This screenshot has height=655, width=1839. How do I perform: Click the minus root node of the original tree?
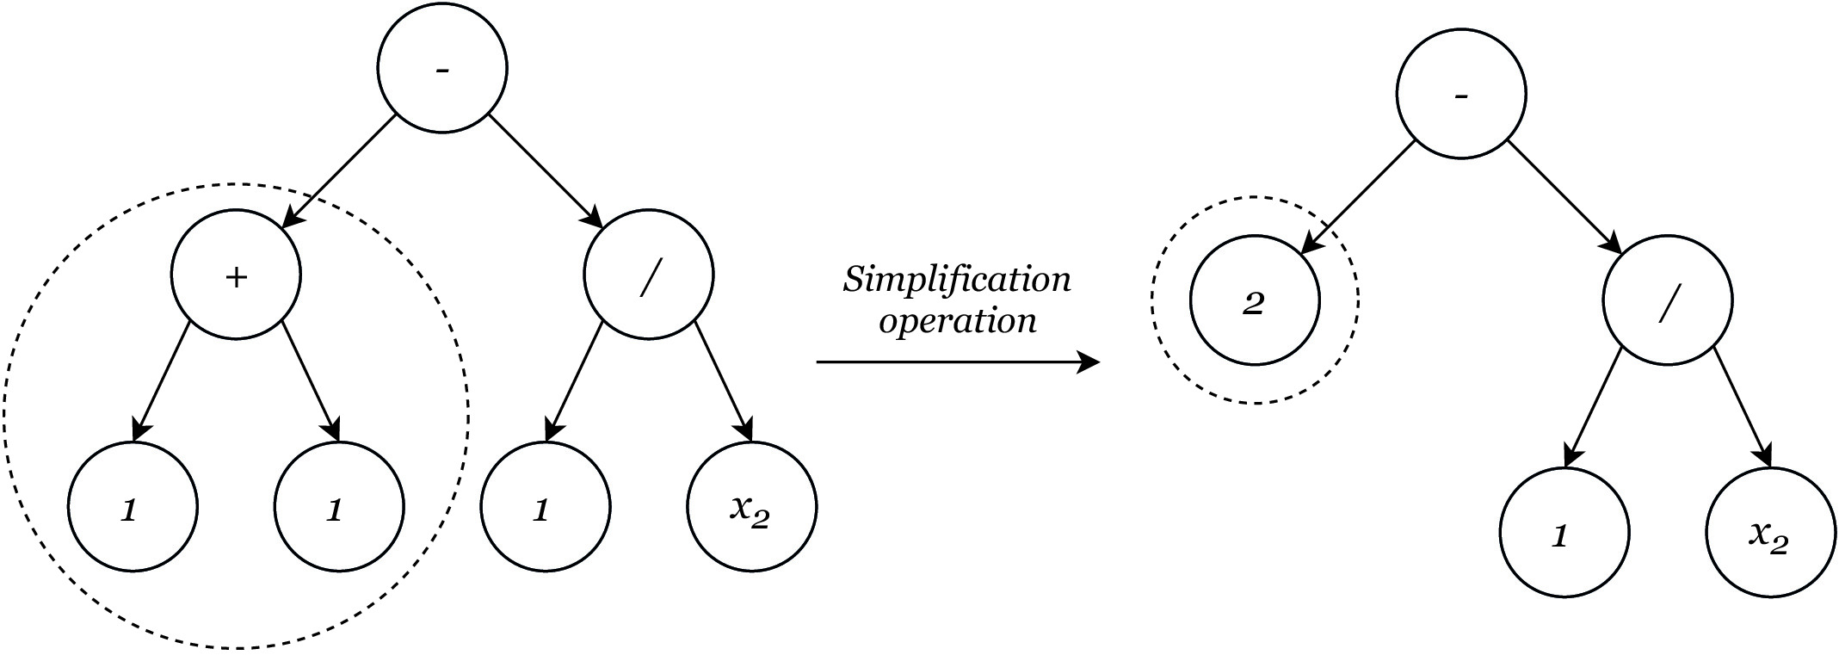coord(443,69)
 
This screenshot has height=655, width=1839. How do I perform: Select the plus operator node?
coord(237,275)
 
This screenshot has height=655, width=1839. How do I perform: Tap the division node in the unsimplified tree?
coord(649,275)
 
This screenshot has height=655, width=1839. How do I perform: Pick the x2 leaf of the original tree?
coord(752,507)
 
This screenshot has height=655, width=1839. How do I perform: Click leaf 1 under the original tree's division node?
coord(546,507)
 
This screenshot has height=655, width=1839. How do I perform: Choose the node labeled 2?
coord(1255,300)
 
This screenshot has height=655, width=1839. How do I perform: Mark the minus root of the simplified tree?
coord(1461,94)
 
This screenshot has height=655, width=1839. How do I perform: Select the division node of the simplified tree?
coord(1668,300)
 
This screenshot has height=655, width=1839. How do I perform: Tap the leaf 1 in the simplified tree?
coord(1564,533)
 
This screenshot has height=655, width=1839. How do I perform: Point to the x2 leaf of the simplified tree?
coord(1771,533)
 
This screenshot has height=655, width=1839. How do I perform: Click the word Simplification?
coord(957,281)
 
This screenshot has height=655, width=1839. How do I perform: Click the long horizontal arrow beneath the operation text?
coord(958,362)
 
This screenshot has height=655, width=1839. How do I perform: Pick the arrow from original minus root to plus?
coord(338,171)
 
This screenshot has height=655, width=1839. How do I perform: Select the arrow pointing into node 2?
coord(1356,197)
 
